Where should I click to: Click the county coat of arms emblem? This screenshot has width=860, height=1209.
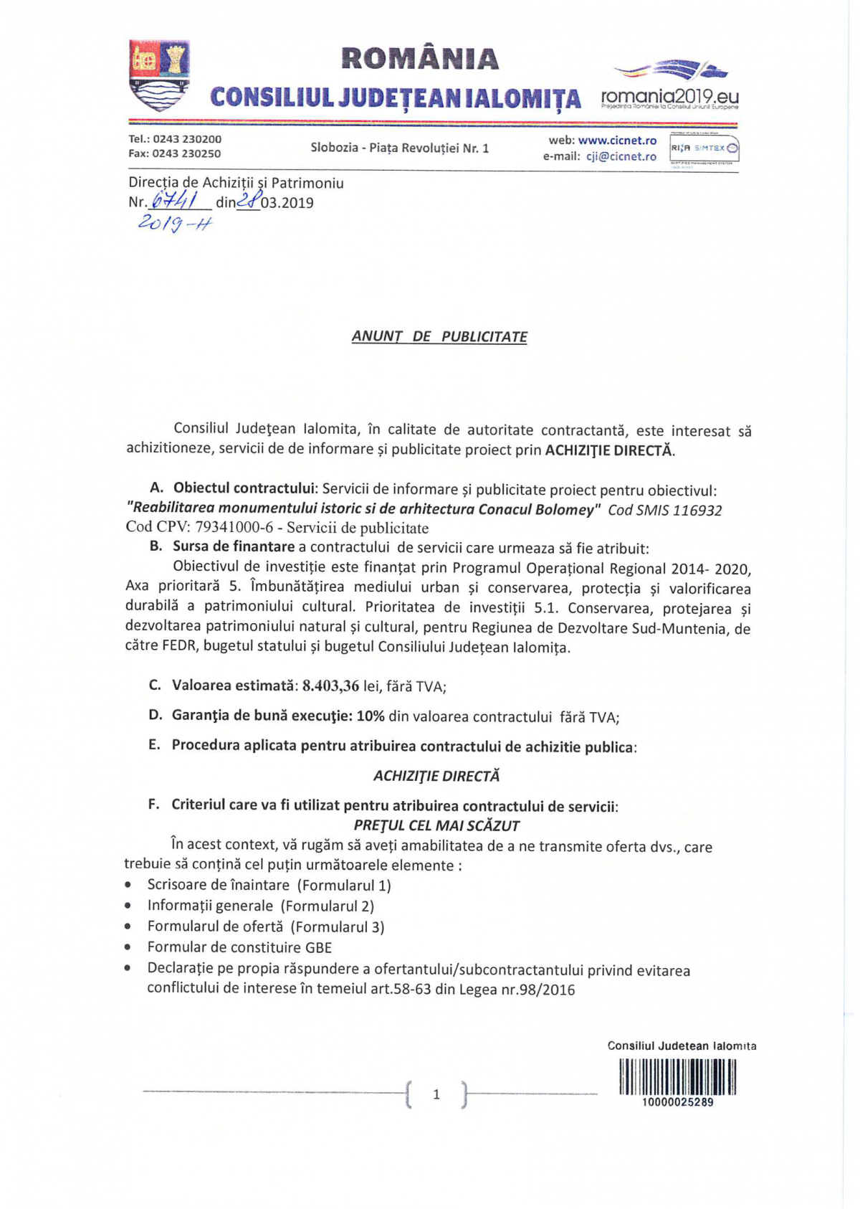pyautogui.click(x=159, y=75)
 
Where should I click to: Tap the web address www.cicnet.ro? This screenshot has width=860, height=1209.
pyautogui.click(x=617, y=141)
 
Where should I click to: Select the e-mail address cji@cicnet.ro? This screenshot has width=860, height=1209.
pyautogui.click(x=621, y=156)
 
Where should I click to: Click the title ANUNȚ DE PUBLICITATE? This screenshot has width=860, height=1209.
pyautogui.click(x=439, y=336)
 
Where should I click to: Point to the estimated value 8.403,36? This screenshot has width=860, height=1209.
pyautogui.click(x=330, y=686)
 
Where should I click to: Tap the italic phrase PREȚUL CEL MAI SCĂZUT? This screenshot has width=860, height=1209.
pyautogui.click(x=436, y=825)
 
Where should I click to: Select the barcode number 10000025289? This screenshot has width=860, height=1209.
pyautogui.click(x=677, y=1102)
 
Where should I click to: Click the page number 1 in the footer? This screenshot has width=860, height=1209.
pyautogui.click(x=436, y=1094)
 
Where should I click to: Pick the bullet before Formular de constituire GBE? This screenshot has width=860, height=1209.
pyautogui.click(x=128, y=947)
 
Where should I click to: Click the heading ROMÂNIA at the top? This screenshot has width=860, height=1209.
pyautogui.click(x=420, y=59)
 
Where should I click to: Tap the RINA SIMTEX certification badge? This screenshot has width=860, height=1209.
pyautogui.click(x=704, y=148)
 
